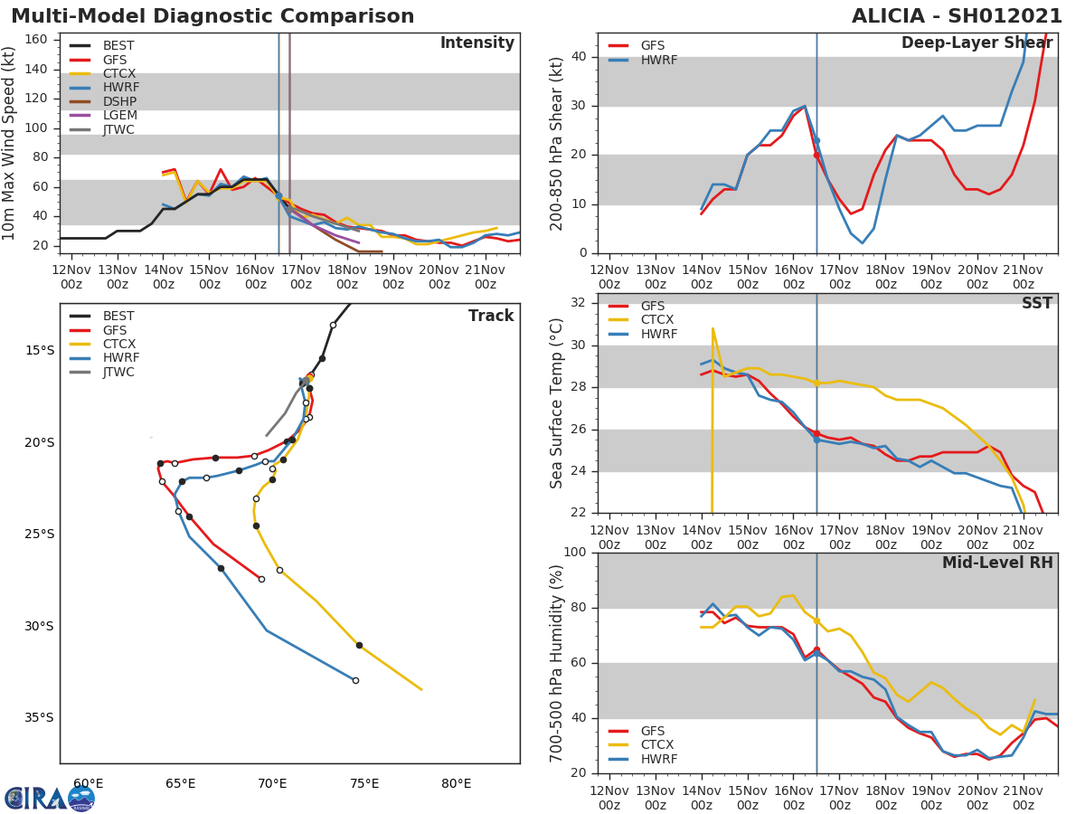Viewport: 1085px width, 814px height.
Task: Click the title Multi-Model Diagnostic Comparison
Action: (212, 16)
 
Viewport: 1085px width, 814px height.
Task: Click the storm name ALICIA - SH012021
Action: (957, 16)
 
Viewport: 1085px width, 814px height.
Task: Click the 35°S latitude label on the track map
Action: (39, 718)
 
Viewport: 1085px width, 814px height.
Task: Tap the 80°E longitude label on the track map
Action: (457, 784)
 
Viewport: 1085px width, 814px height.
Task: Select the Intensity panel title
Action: (476, 43)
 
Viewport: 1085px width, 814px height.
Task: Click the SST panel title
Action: (1036, 304)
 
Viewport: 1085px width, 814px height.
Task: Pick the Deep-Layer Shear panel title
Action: (976, 43)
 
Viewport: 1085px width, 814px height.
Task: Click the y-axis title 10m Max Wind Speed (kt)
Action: (10, 143)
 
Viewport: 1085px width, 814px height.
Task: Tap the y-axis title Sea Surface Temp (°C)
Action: (557, 402)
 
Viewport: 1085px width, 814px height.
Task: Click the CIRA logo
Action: (49, 798)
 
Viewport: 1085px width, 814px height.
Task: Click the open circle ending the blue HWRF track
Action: (355, 680)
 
